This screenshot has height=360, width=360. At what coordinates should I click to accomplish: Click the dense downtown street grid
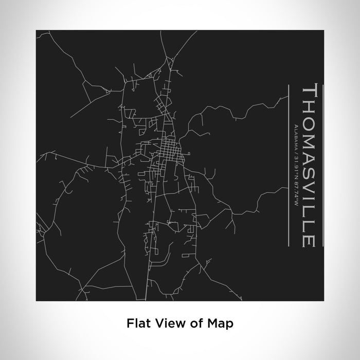pos(169,149)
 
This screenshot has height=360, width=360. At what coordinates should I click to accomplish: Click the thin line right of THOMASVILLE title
pos(323,165)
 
